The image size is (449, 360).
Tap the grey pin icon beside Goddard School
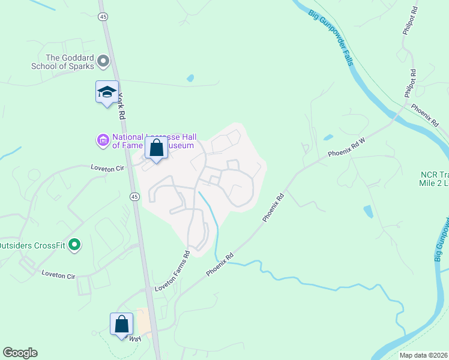point(103,61)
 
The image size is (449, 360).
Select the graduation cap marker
point(107,92)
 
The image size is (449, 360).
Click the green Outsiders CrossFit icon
point(74,244)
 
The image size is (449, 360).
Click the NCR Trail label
point(433,179)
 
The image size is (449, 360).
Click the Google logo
point(19,353)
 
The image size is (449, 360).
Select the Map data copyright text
point(423,355)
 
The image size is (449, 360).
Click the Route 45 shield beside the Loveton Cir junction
point(134,196)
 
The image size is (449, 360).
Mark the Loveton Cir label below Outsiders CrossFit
point(58,275)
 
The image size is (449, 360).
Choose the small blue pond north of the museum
point(190,78)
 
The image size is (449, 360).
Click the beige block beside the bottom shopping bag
point(143,323)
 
